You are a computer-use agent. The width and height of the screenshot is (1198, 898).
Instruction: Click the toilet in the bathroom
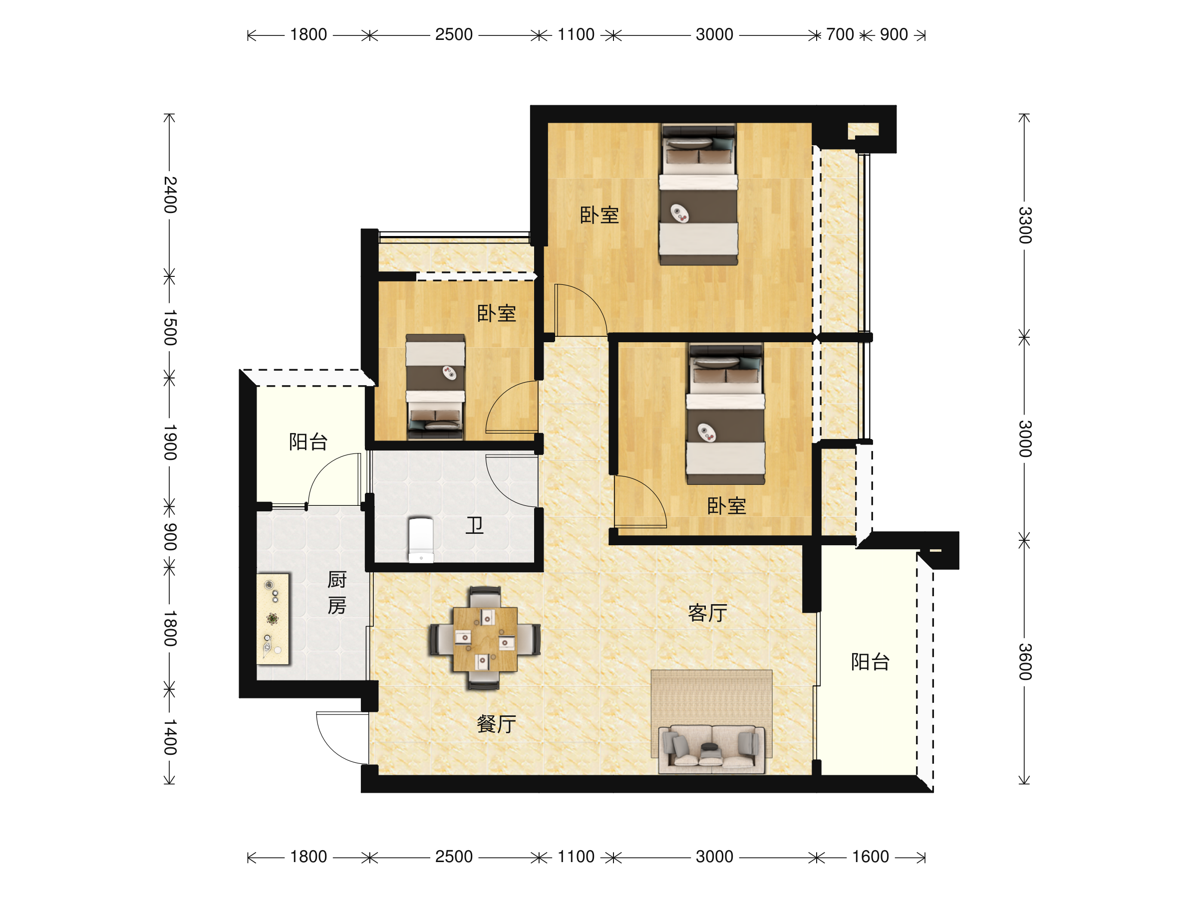point(421,540)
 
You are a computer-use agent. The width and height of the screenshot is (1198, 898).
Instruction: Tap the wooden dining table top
point(485,639)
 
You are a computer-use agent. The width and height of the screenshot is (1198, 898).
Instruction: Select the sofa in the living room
point(712,749)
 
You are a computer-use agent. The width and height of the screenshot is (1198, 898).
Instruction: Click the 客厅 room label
point(707,613)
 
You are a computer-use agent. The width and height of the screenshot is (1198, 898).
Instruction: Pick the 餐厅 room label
point(496,724)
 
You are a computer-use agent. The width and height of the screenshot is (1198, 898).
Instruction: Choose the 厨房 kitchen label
point(336,593)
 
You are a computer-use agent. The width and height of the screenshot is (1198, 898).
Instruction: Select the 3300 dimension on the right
point(1025,225)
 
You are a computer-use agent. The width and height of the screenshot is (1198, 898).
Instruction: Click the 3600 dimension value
point(1025,662)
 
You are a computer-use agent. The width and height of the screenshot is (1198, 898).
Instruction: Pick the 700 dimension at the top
point(840,34)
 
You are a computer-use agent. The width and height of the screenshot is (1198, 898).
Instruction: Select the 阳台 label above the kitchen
point(308,442)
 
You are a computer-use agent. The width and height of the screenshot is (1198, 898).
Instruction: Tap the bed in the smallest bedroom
point(435,387)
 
